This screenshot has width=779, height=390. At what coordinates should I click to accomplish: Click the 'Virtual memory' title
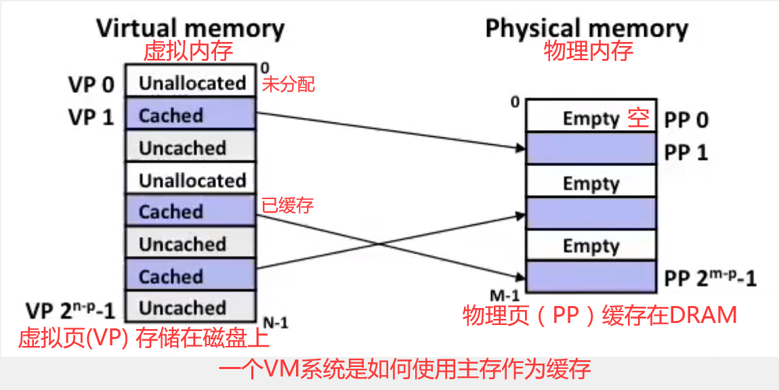(190, 28)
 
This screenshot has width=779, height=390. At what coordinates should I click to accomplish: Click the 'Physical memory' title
(587, 28)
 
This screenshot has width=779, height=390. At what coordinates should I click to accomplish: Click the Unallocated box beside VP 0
(191, 83)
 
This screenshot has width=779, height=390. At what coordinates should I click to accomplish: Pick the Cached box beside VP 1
(191, 115)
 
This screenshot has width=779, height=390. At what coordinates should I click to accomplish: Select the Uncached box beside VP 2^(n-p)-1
(191, 308)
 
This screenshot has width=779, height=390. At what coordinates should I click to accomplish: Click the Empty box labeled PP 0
(591, 118)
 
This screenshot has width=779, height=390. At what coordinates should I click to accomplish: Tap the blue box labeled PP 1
(591, 148)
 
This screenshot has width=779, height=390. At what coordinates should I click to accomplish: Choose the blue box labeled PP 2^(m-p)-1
(591, 277)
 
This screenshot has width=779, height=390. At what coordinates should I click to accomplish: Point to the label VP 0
(91, 85)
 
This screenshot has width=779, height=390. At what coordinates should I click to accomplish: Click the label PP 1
(686, 152)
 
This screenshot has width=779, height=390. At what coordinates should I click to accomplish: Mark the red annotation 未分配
(288, 85)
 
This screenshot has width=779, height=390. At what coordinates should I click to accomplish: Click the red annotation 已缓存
(288, 204)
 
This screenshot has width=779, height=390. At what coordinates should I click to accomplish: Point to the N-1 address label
(275, 323)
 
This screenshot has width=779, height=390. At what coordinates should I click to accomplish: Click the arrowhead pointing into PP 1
(522, 148)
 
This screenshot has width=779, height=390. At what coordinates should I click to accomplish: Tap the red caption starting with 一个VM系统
(404, 369)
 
